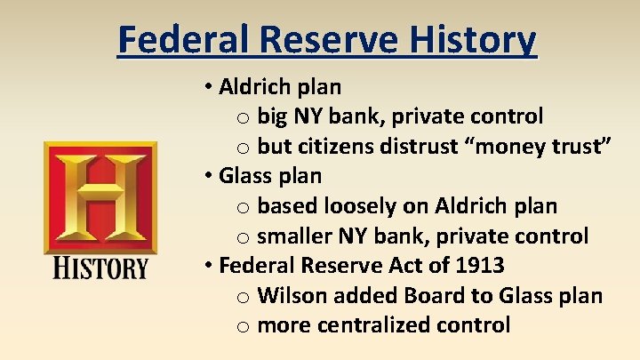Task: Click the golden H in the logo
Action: (x=100, y=196)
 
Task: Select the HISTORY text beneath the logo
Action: (x=100, y=267)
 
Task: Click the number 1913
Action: (x=480, y=265)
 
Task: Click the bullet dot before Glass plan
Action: (x=206, y=176)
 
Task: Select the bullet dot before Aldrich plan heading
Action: (x=206, y=87)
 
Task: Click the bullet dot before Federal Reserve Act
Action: (x=206, y=266)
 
